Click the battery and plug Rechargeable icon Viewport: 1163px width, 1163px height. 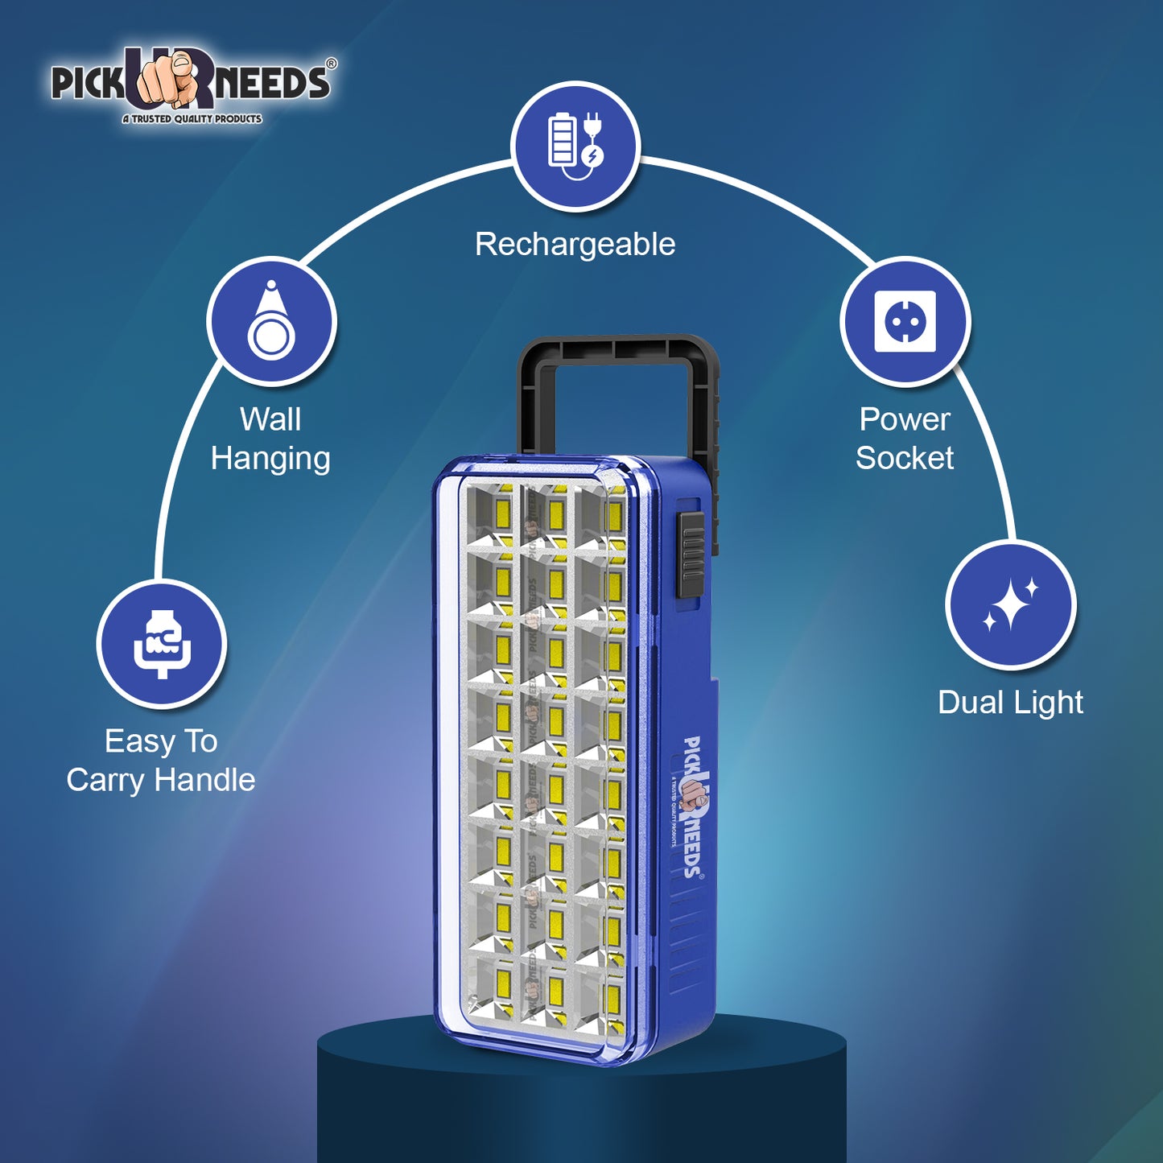click(x=575, y=146)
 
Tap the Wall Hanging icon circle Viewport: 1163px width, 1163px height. click(x=271, y=321)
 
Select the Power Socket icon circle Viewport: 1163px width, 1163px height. click(x=905, y=321)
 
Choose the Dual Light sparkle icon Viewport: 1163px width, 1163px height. click(x=1011, y=605)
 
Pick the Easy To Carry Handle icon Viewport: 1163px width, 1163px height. click(x=162, y=644)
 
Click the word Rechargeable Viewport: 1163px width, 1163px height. click(x=575, y=245)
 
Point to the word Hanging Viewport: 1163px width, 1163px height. click(x=270, y=459)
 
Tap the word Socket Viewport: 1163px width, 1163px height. click(x=904, y=459)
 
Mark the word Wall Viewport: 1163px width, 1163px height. click(x=270, y=419)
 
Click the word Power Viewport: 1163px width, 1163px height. click(x=905, y=419)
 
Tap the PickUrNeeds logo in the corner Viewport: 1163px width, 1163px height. click(x=192, y=85)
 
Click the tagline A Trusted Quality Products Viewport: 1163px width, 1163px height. click(x=192, y=119)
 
